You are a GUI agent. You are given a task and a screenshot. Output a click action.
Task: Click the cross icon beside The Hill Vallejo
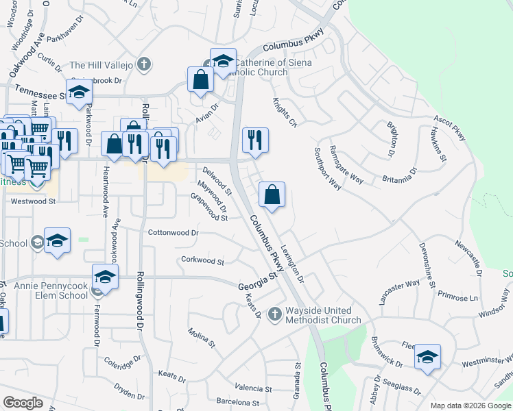pos(143,66)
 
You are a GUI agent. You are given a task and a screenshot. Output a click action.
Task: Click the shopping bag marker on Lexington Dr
pos(272,195)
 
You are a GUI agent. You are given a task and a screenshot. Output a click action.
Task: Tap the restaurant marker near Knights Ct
pos(255,140)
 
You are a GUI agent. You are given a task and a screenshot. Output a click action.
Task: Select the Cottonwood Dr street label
pos(174,233)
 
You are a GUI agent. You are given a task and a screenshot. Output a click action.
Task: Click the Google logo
pos(23,403)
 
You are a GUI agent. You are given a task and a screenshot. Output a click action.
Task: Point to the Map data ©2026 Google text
pos(470,406)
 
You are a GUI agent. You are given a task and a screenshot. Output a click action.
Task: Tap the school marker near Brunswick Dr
pos(427,357)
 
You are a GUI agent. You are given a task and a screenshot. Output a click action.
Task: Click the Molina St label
pos(202,336)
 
